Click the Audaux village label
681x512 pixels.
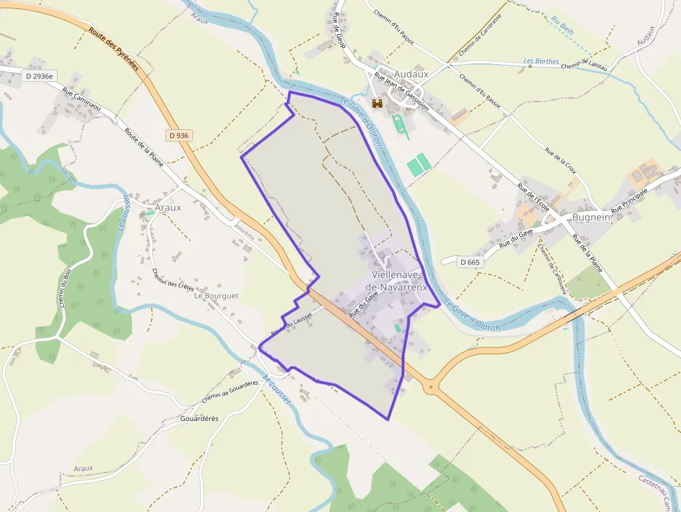(x=411, y=74)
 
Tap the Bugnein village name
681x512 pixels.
(x=591, y=217)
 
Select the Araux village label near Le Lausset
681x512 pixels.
(x=167, y=207)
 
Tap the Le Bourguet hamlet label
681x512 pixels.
(x=216, y=295)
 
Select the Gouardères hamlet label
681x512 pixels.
(x=199, y=418)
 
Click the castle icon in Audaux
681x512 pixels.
(x=378, y=104)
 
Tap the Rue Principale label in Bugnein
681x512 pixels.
(x=629, y=201)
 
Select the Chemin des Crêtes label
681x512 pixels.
(x=172, y=279)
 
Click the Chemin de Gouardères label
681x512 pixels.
(x=230, y=392)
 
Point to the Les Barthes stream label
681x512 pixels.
(x=541, y=61)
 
